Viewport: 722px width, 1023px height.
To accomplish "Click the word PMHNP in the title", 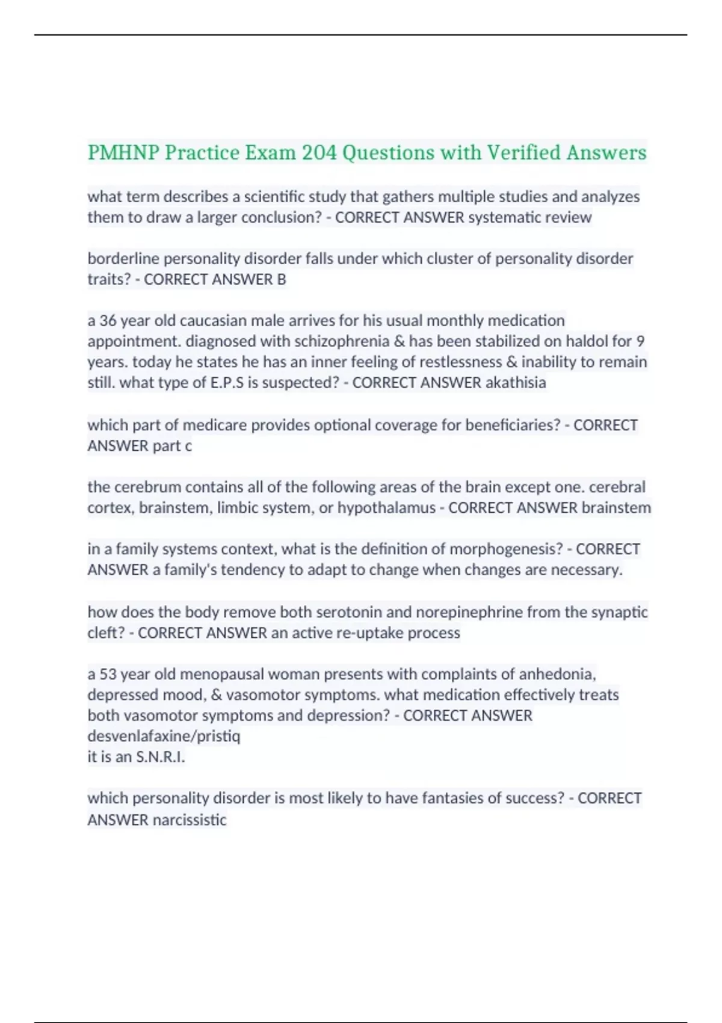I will click(x=123, y=153).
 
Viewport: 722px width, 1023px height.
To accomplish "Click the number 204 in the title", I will click(x=319, y=153).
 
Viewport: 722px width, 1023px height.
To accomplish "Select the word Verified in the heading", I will click(x=523, y=153).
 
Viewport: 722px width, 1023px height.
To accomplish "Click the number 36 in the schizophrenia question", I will click(x=108, y=321).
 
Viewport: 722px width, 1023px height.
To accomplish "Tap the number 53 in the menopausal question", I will click(x=108, y=675).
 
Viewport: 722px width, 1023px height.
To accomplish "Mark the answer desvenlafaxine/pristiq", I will click(x=164, y=737).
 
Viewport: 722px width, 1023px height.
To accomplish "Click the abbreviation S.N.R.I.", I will click(x=161, y=757).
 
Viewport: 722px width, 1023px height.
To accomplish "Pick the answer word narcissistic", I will click(x=190, y=820).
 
